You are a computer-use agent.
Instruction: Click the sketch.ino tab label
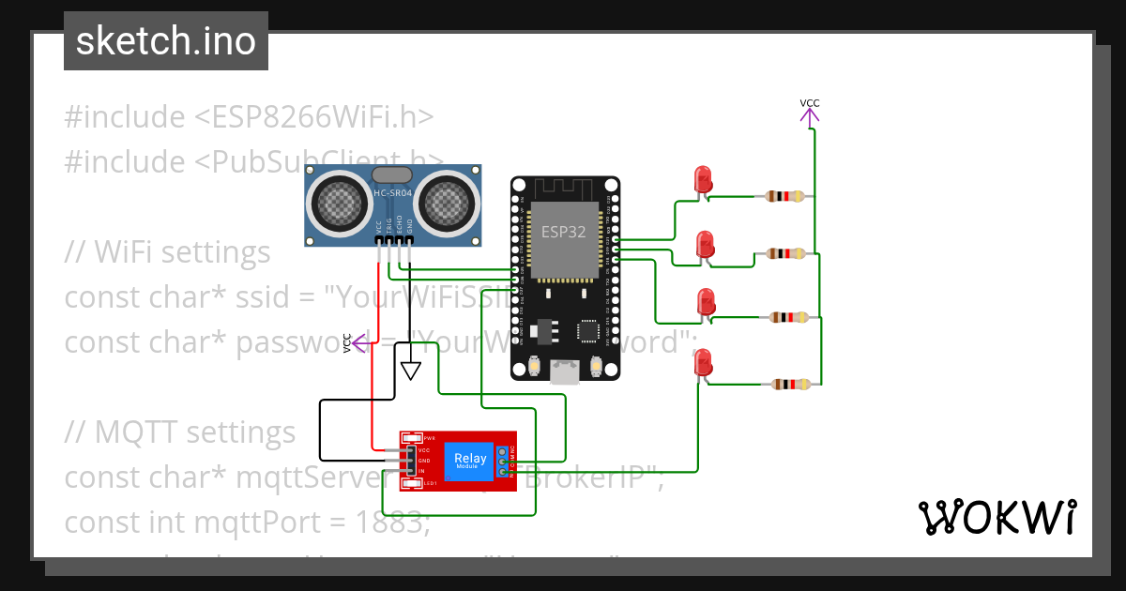pos(165,41)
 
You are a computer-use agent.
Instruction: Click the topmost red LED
pos(701,180)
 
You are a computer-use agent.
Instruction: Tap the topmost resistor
pos(784,196)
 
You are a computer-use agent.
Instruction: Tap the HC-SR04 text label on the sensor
pos(392,193)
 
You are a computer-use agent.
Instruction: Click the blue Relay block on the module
pos(470,460)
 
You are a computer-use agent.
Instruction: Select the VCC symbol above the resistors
pos(809,111)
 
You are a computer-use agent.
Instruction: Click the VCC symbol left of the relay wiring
pos(352,342)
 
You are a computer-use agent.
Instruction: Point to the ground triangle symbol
pos(410,371)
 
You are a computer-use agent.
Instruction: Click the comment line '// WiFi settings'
pos(167,252)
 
